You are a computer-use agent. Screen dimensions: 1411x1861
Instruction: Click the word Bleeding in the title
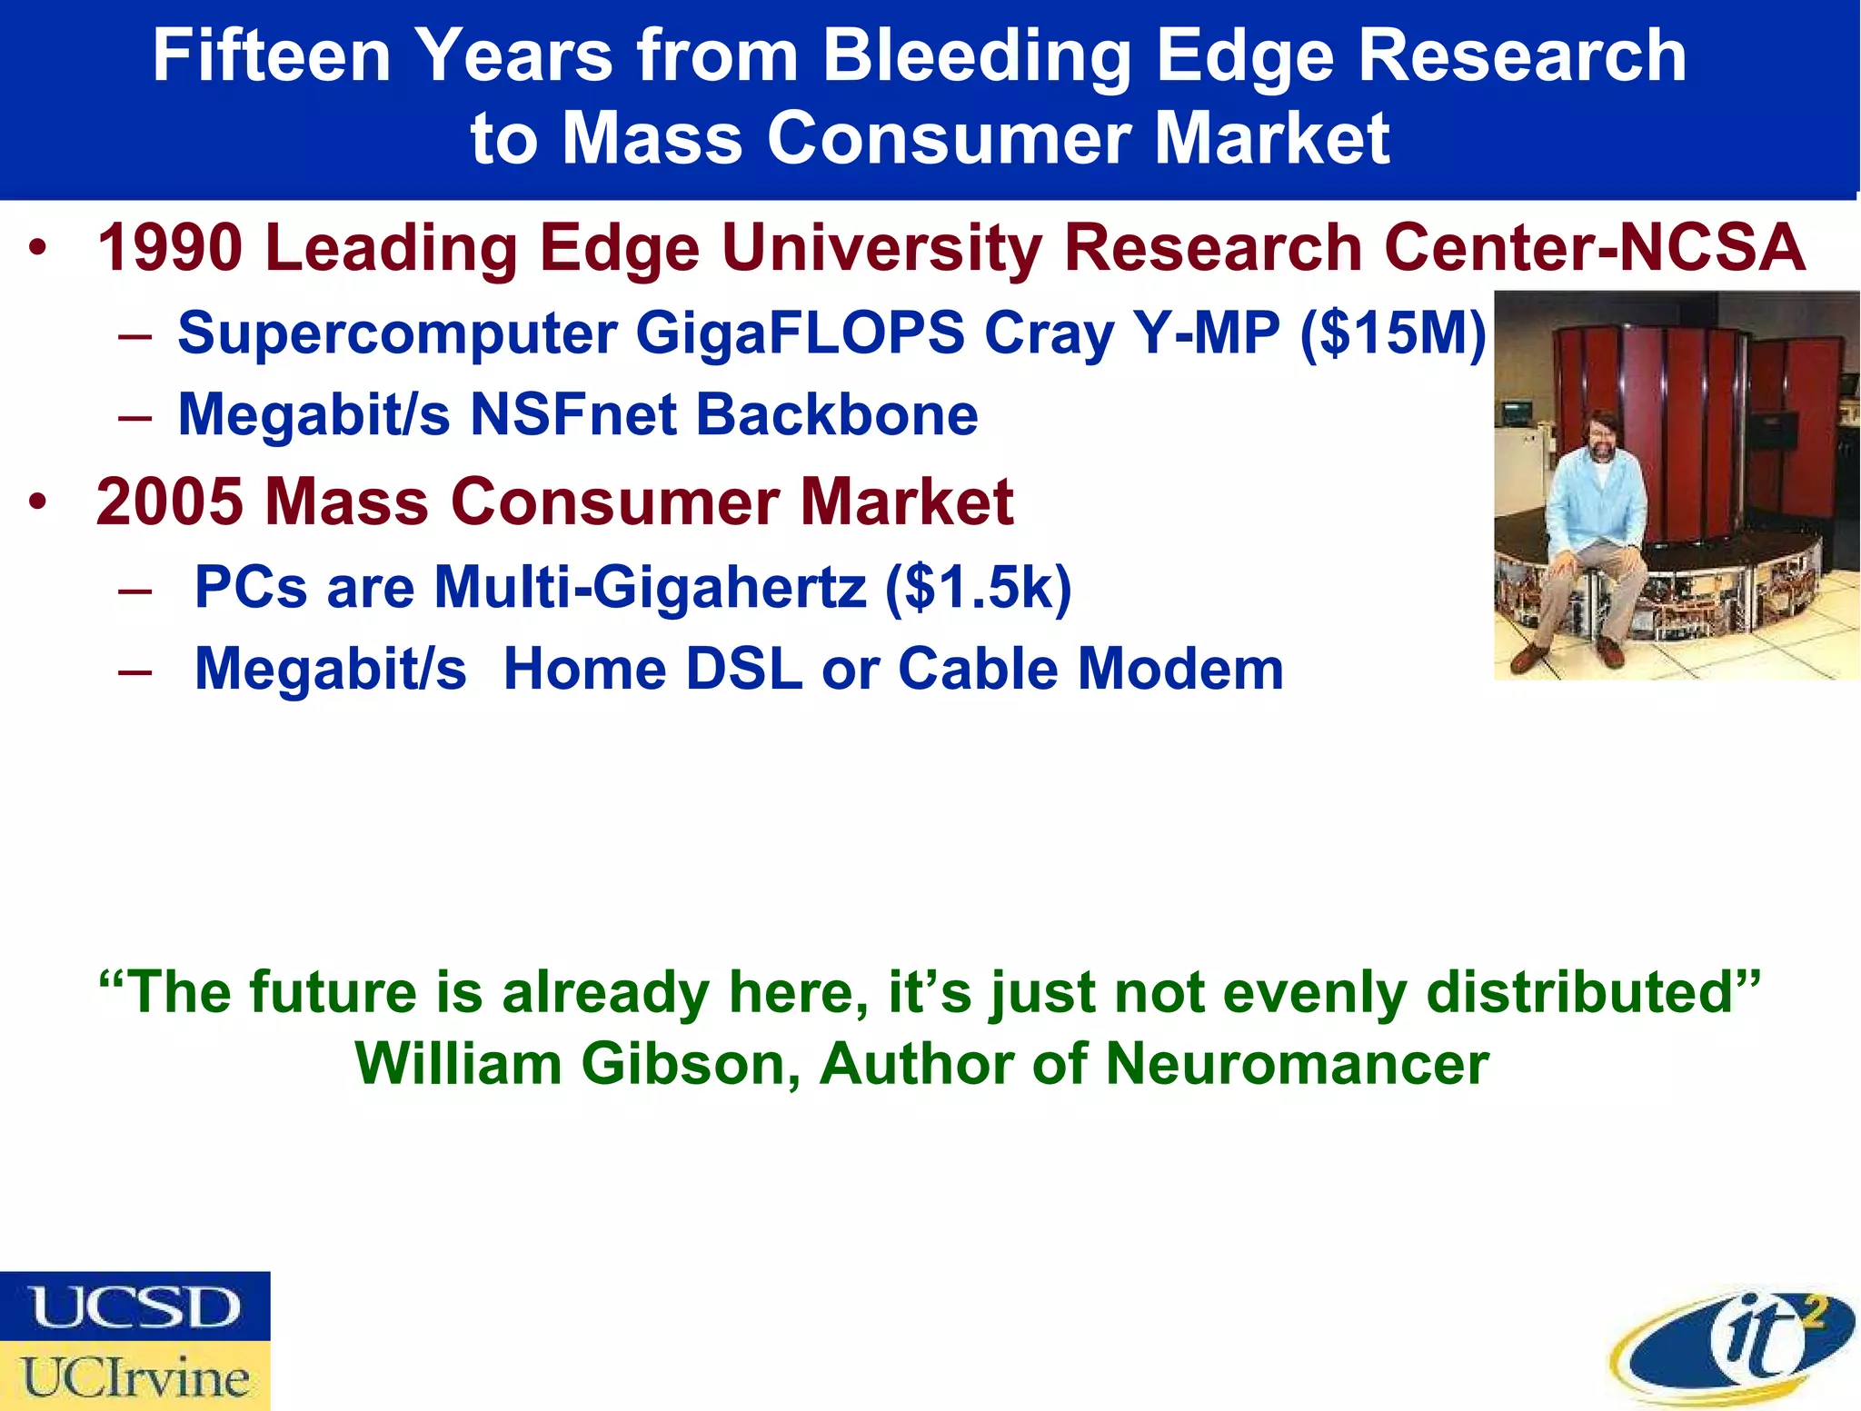(x=977, y=56)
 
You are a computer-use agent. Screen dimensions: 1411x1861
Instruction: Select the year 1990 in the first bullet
(x=170, y=248)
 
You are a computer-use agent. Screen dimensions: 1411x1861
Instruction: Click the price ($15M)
(x=1393, y=333)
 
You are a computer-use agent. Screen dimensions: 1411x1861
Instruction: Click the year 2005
(x=170, y=502)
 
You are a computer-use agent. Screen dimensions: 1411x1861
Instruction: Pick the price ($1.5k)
(x=979, y=587)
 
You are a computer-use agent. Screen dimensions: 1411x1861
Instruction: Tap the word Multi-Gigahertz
(x=650, y=587)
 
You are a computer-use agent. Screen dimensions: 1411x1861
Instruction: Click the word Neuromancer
(x=1297, y=1063)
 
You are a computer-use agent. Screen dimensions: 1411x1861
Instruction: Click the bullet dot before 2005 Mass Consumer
(x=36, y=502)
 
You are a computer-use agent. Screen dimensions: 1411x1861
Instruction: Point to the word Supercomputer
(x=396, y=333)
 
